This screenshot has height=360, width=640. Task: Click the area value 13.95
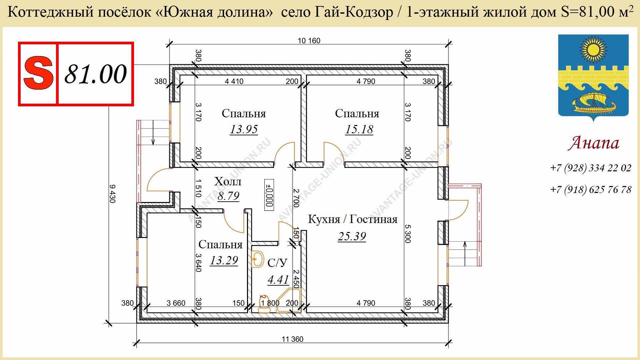[244, 129]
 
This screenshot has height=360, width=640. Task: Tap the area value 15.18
[359, 129]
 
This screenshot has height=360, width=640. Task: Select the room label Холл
[228, 181]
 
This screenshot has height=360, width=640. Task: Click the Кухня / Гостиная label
[353, 219]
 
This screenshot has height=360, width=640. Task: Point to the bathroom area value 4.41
[278, 279]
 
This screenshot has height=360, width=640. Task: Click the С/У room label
[277, 263]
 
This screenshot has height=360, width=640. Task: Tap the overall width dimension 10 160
[309, 41]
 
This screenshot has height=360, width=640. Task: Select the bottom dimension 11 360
[292, 339]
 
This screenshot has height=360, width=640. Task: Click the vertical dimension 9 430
[112, 194]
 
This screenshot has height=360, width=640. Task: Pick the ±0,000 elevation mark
[269, 195]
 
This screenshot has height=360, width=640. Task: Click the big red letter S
[38, 73]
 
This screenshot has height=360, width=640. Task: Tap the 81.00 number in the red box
[96, 74]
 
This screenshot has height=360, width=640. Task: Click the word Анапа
[594, 143]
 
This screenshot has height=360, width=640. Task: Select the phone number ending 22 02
[591, 168]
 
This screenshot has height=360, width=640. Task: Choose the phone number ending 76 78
[591, 190]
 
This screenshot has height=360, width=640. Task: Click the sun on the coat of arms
[593, 50]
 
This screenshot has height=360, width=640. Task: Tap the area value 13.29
[224, 260]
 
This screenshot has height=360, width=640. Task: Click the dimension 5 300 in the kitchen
[408, 234]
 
